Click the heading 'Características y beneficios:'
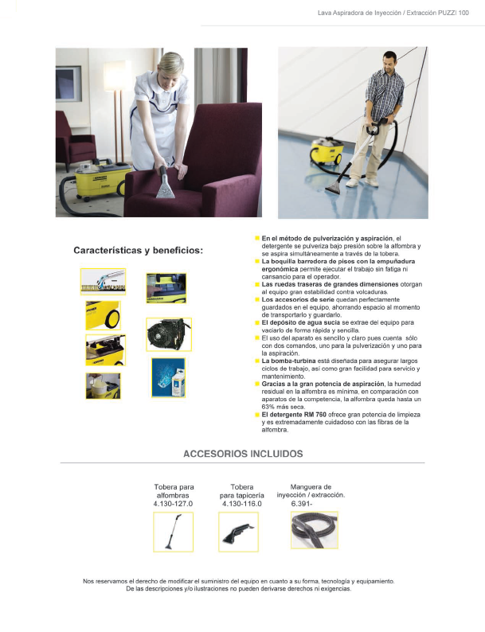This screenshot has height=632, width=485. (139, 250)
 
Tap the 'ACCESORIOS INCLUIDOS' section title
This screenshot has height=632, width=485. (243, 454)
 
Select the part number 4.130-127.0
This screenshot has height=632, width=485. (174, 504)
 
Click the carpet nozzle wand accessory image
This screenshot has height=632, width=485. (173, 531)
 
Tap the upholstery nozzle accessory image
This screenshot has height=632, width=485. (238, 532)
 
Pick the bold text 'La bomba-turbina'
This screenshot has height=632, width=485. (287, 361)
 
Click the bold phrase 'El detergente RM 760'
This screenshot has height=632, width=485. (294, 415)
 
